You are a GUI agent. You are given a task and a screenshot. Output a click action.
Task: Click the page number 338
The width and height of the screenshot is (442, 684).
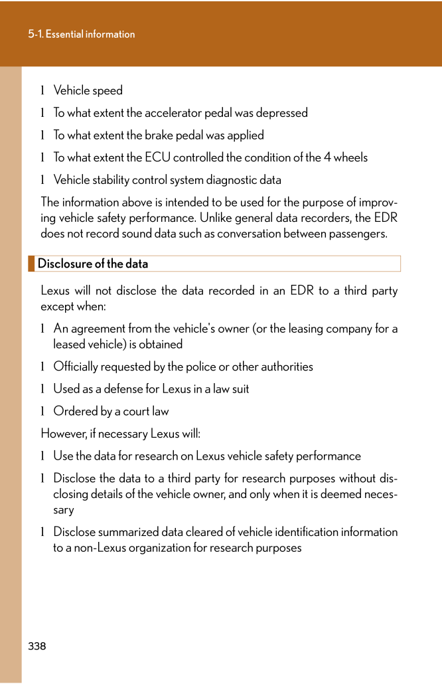37,646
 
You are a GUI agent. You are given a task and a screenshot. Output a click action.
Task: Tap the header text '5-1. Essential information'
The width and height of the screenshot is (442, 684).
82,35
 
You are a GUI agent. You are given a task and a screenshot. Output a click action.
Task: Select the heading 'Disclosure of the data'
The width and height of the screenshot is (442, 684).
93,264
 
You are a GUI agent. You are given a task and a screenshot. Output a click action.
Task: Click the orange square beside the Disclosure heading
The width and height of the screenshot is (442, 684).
31,264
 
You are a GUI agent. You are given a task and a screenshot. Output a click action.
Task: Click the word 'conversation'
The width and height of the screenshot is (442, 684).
253,234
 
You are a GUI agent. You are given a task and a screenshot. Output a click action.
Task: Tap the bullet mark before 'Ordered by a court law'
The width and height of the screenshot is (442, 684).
43,412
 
